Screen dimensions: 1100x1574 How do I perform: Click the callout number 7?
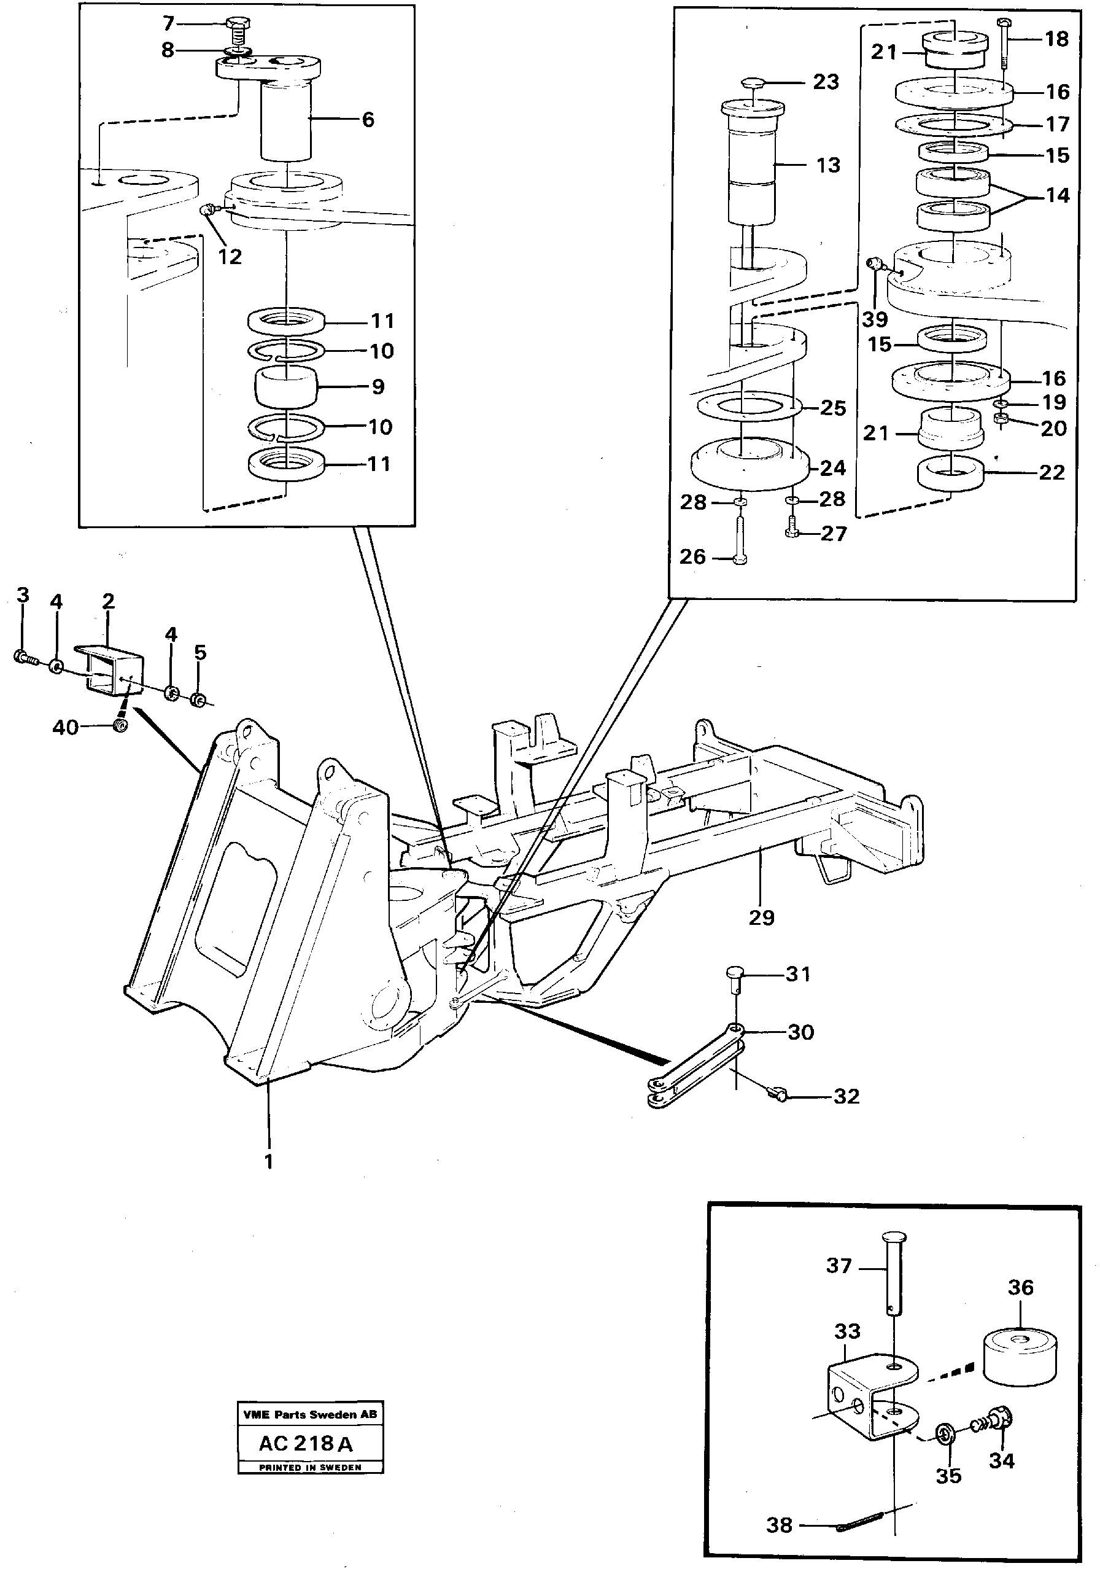pyautogui.click(x=169, y=24)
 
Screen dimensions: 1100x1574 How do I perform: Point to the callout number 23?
pyautogui.click(x=826, y=82)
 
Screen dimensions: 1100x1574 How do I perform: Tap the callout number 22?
pyautogui.click(x=1052, y=472)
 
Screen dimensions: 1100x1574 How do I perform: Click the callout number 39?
pyautogui.click(x=875, y=319)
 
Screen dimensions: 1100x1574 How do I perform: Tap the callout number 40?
pyautogui.click(x=66, y=727)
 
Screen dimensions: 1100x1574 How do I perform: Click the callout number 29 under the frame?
pyautogui.click(x=761, y=918)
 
